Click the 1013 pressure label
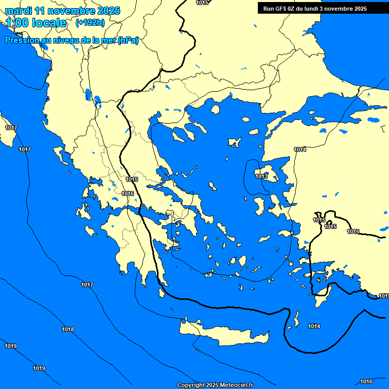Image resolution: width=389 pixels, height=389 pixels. (x=261, y=177)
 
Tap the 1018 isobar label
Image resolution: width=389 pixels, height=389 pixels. (x=68, y=330)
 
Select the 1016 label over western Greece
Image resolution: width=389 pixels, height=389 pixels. (x=128, y=194)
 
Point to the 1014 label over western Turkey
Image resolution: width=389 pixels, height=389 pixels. (x=300, y=149)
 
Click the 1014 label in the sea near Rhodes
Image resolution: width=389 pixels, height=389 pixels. (x=314, y=327)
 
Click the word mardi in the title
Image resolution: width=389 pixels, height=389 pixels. (x=19, y=11)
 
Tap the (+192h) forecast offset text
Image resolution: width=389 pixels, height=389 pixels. (x=90, y=23)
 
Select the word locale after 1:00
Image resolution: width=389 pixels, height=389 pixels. (x=49, y=23)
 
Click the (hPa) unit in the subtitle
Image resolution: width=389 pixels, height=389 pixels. (x=128, y=41)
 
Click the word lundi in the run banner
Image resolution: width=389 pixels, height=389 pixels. (x=315, y=9)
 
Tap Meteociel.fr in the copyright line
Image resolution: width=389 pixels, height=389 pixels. (x=236, y=385)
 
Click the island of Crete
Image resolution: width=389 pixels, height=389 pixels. (x=223, y=335)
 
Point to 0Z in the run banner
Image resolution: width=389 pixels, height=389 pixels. (x=294, y=9)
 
